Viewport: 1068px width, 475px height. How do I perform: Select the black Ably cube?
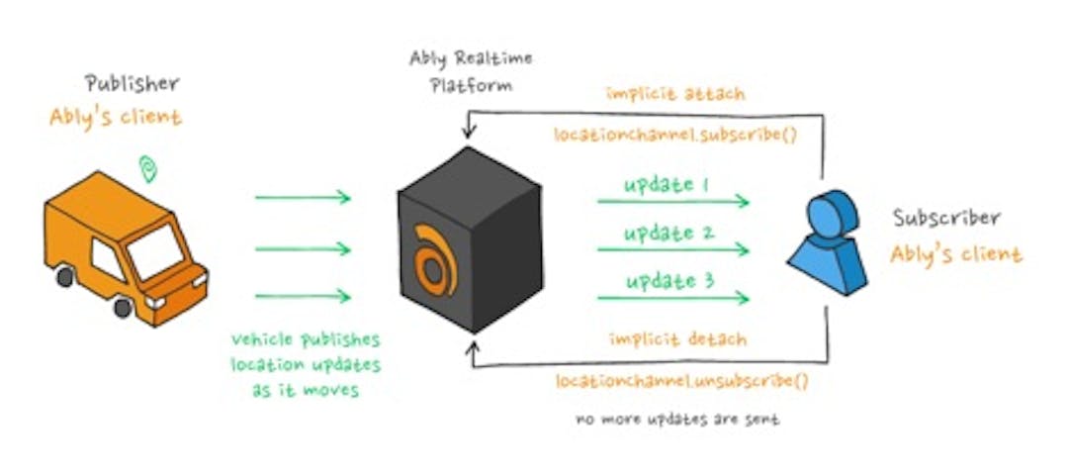[x=470, y=237]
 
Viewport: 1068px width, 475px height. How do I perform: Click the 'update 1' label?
[x=667, y=185]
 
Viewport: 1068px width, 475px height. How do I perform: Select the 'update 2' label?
[x=667, y=233]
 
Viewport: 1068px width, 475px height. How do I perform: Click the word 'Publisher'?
[x=132, y=85]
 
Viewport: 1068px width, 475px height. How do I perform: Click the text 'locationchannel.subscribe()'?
[x=675, y=132]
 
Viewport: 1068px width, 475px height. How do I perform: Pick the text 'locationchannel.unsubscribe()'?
[x=675, y=381]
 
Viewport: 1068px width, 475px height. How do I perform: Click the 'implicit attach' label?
[x=675, y=95]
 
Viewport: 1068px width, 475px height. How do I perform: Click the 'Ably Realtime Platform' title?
[x=471, y=71]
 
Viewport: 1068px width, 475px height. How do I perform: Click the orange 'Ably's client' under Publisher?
[x=116, y=117]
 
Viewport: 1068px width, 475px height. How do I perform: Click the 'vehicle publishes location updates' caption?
[x=305, y=363]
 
